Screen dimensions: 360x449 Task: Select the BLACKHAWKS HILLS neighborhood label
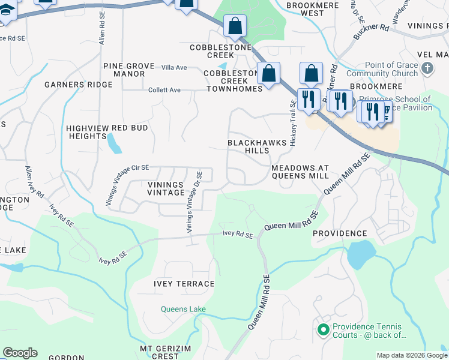pyautogui.click(x=248, y=146)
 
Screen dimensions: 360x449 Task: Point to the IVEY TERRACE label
pyautogui.click(x=184, y=284)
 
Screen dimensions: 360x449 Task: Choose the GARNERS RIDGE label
pyautogui.click(x=78, y=85)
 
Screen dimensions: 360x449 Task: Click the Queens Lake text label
pyautogui.click(x=183, y=310)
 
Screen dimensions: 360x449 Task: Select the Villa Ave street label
pyautogui.click(x=173, y=67)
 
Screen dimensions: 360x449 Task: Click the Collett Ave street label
pyautogui.click(x=164, y=90)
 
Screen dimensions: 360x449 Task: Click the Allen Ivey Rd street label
pyautogui.click(x=34, y=182)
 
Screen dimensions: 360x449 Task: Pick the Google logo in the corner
pyautogui.click(x=20, y=353)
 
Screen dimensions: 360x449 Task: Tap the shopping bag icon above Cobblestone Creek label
pyautogui.click(x=235, y=26)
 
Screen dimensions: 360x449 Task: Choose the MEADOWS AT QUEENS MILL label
pyautogui.click(x=300, y=172)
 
